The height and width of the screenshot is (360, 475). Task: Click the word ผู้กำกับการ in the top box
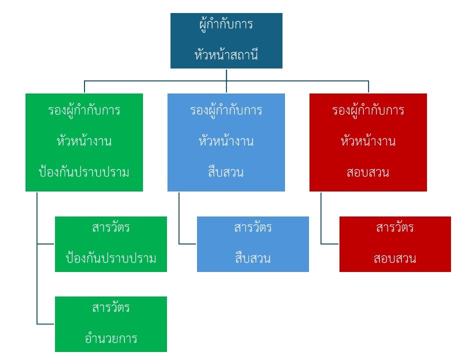pos(226,25)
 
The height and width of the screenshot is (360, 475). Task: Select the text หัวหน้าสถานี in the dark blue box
pos(226,54)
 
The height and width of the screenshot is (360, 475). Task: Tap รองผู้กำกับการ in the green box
pos(84,110)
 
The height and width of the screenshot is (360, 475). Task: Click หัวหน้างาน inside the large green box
pos(84,141)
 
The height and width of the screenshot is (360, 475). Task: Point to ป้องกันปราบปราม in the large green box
pos(84,172)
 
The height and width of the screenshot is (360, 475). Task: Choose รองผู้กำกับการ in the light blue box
pos(226,110)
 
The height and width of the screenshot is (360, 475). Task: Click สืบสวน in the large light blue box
pos(226,172)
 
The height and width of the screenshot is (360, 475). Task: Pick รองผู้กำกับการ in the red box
pos(368,110)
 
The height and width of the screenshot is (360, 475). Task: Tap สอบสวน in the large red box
pos(368,172)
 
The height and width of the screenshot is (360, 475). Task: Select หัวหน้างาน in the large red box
pos(368,141)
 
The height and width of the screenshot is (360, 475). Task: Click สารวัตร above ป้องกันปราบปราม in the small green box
pos(111,228)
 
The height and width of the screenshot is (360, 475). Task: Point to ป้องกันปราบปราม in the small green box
pos(111,258)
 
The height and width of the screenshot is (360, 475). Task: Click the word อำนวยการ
pos(111,338)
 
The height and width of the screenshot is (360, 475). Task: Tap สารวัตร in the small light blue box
pos(253,228)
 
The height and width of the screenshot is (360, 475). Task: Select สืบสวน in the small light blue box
pos(253,258)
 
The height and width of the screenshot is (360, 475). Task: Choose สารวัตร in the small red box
pos(395,228)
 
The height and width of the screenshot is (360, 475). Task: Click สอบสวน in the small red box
pos(395,258)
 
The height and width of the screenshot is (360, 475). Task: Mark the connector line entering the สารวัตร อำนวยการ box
pos(46,324)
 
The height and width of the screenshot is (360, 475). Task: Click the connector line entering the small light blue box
pos(188,244)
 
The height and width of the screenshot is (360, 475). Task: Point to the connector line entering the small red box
pos(330,244)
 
